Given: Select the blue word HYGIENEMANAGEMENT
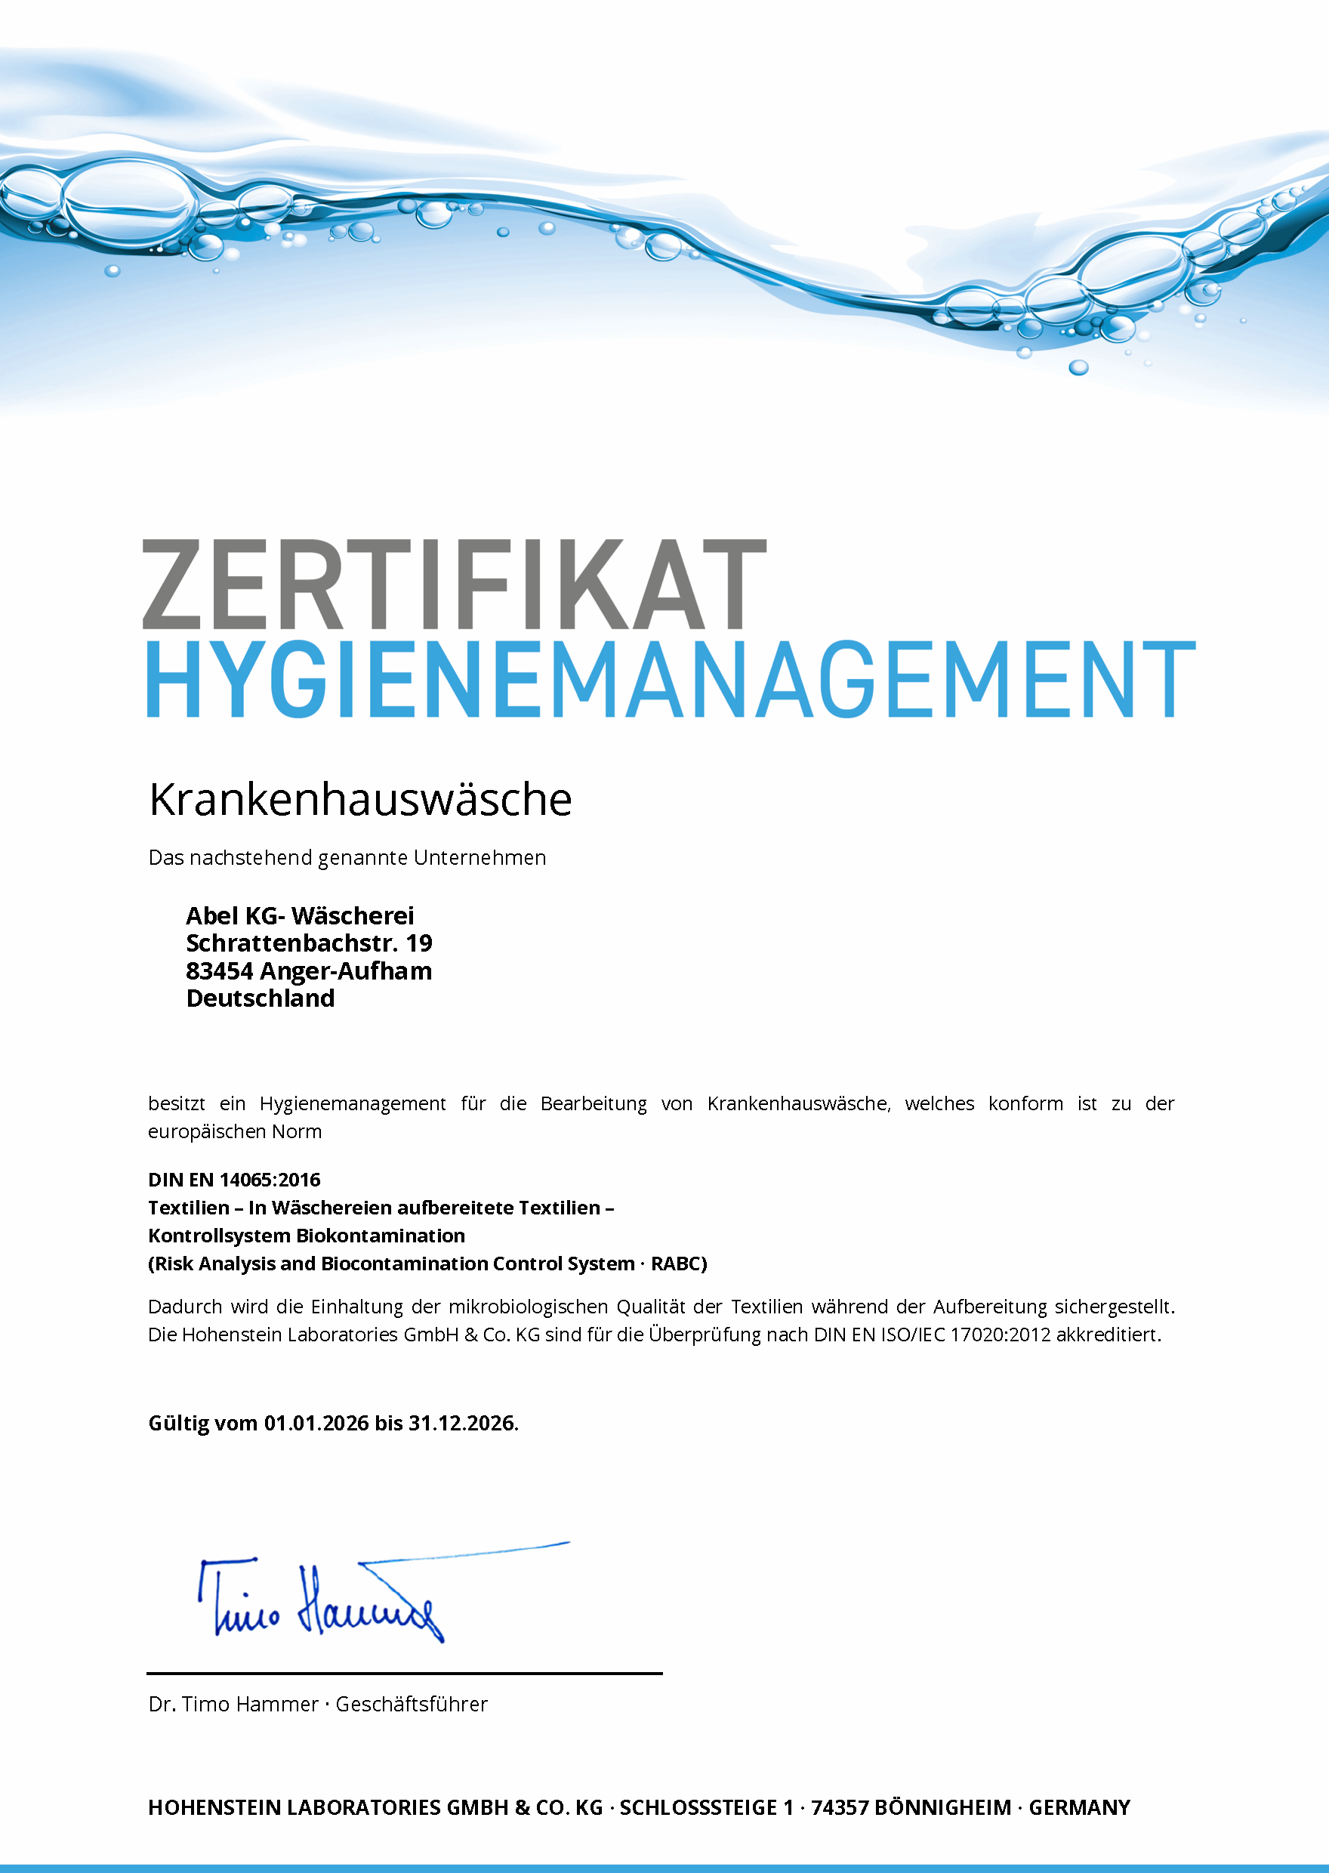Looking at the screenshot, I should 671,680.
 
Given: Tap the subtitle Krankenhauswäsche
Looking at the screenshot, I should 360,800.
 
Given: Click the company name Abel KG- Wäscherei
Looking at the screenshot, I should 300,915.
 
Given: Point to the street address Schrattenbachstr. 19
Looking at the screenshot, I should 309,943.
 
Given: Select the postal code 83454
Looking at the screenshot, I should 219,971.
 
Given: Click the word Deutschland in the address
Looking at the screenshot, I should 261,998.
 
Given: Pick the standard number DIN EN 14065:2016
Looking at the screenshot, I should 234,1180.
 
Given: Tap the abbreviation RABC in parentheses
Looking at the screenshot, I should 675,1264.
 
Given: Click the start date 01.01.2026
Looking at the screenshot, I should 316,1424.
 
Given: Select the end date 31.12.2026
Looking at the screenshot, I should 461,1424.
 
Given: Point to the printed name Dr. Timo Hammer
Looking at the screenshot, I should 233,1705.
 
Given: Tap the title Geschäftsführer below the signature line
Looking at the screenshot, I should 412,1705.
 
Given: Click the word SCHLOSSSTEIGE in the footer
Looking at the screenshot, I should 697,1807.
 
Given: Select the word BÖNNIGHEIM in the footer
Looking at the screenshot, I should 942,1807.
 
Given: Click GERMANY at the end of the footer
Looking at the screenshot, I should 1078,1807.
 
